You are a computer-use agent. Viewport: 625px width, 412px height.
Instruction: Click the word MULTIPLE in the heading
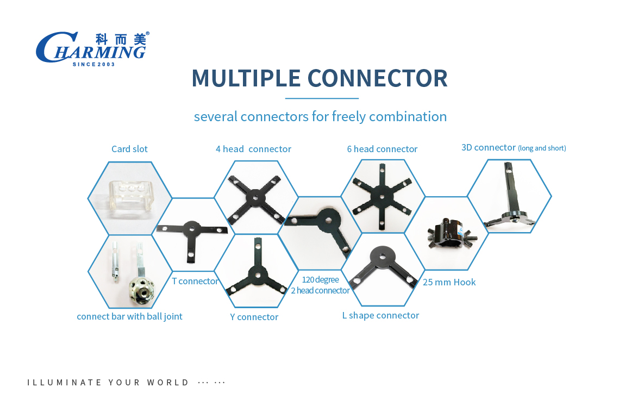[246, 78]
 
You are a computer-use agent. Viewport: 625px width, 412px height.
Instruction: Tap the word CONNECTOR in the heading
[378, 78]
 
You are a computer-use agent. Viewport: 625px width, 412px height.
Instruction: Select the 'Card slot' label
[129, 149]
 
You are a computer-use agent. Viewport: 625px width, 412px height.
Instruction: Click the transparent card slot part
[130, 197]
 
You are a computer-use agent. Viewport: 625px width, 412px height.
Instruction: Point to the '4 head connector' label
[253, 149]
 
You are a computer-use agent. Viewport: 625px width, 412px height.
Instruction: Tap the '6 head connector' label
[382, 149]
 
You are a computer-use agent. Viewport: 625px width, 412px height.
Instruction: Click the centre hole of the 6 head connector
[382, 197]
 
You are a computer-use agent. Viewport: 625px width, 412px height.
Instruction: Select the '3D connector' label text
[489, 147]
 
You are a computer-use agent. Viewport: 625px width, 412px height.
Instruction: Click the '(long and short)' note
[542, 148]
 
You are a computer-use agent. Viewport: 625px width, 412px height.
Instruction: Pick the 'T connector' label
[195, 282]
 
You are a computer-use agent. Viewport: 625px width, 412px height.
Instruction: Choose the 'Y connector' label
[254, 317]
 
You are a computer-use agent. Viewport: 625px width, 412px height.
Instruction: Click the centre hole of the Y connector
[256, 275]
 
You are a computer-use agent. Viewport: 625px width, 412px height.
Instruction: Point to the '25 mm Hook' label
[449, 282]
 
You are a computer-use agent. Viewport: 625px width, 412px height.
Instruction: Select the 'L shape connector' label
[380, 316]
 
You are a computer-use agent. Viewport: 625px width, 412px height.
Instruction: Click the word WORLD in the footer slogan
[168, 383]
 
